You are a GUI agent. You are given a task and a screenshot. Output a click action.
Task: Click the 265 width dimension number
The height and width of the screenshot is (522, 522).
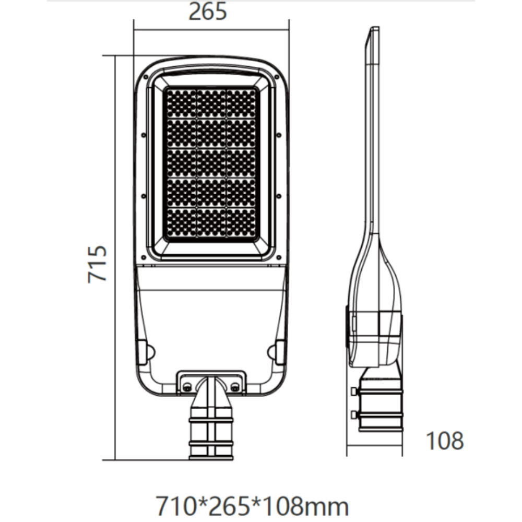(x=208, y=11)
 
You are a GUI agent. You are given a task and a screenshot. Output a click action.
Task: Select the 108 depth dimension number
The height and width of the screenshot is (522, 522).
(x=445, y=441)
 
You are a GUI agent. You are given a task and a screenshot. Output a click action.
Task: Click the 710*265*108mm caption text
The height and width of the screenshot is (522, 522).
(x=253, y=506)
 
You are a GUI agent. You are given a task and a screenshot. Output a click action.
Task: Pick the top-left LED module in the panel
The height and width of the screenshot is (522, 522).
(x=181, y=103)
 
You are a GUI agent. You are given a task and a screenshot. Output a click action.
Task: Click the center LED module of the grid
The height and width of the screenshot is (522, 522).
(x=211, y=163)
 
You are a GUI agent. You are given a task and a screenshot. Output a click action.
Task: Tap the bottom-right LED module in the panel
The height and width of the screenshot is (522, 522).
(x=241, y=223)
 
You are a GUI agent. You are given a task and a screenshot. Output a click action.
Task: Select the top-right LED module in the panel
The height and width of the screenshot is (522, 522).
(x=241, y=103)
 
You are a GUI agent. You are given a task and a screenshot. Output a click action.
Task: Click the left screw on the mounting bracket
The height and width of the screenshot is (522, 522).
(x=186, y=386)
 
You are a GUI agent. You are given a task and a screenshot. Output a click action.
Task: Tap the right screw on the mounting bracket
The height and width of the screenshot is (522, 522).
(x=235, y=386)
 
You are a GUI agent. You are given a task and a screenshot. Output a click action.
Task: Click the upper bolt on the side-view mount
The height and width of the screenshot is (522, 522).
(x=354, y=391)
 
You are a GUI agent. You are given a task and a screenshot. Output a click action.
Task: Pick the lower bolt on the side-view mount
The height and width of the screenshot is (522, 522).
(x=354, y=414)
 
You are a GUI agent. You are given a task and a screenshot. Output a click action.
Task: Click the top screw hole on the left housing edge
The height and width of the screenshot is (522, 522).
(x=143, y=134)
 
